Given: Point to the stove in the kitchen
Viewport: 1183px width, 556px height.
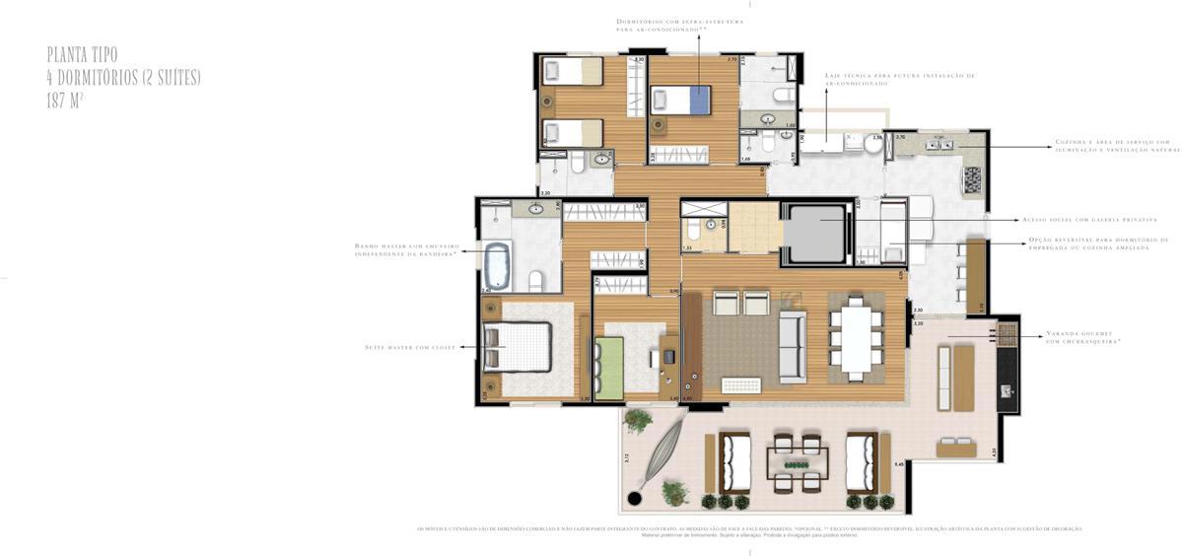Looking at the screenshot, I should point(972,179).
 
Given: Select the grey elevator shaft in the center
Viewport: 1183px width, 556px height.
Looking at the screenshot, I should point(814,234).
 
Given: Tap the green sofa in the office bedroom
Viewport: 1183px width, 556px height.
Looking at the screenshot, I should point(609,368).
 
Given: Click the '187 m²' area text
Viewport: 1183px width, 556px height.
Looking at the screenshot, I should point(65,100).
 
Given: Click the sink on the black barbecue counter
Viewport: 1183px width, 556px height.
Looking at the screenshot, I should point(1007,391).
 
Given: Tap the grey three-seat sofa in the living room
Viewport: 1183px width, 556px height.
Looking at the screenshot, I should point(793,346).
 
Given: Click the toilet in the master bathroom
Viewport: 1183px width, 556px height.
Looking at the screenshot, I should point(535,280).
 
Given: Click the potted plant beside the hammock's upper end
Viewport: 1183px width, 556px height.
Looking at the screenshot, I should point(638,420).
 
